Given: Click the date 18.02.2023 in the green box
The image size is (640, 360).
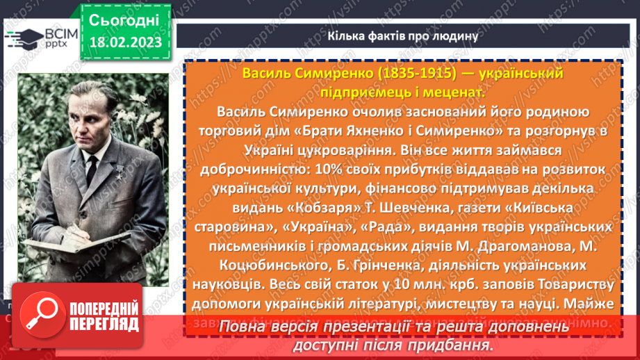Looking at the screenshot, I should [125, 42].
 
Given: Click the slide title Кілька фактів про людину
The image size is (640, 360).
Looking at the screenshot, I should [402, 36].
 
